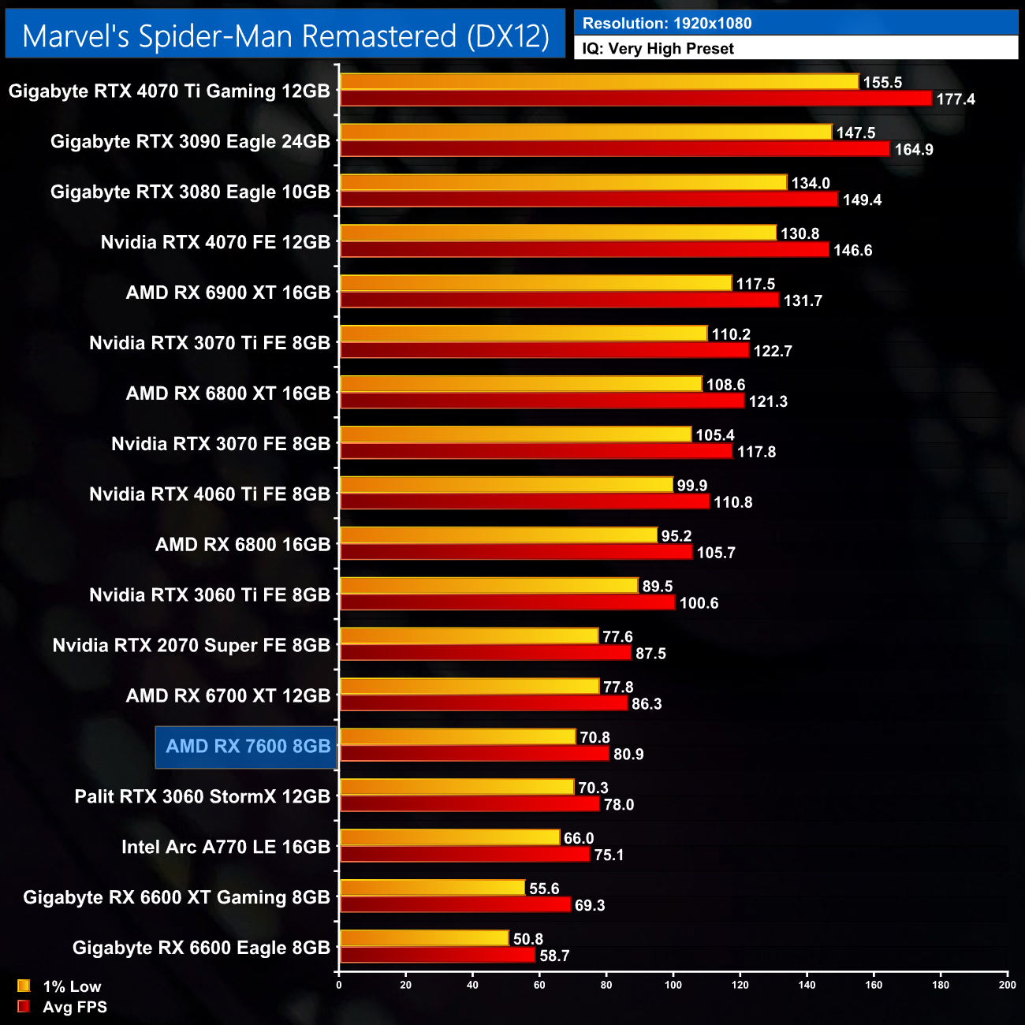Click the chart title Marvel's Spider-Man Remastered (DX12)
coord(285,35)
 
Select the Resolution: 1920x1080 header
coord(667,23)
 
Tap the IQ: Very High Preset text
coord(658,48)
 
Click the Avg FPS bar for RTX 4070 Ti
coord(635,99)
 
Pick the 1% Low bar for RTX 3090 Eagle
coord(585,132)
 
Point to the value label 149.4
coord(862,199)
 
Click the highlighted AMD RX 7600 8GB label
coord(248,746)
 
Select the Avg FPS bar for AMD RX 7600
coord(474,754)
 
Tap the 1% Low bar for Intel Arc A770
coord(449,837)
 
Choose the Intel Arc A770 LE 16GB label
coord(225,847)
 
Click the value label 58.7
coord(554,956)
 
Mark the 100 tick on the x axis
coord(673,984)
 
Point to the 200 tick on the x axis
coord(1007,984)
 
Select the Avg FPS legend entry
coord(63,1007)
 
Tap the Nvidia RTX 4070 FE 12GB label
coord(215,242)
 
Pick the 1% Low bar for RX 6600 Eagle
coord(424,938)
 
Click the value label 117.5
coord(755,284)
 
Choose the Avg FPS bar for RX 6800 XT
coord(542,401)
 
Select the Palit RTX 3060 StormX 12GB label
coord(202,796)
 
